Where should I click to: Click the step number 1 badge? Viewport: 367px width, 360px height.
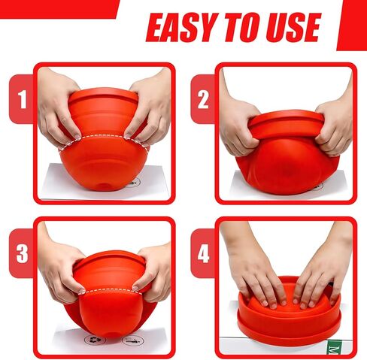pos(22,99)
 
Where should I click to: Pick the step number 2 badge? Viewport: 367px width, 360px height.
pos(203,99)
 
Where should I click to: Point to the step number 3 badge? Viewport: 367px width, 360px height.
pos(22,253)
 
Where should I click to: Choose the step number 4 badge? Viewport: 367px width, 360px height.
pos(203,253)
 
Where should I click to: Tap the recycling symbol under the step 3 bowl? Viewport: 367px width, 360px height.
pos(93,340)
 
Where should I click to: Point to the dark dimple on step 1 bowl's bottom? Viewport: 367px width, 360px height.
pos(103,186)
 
